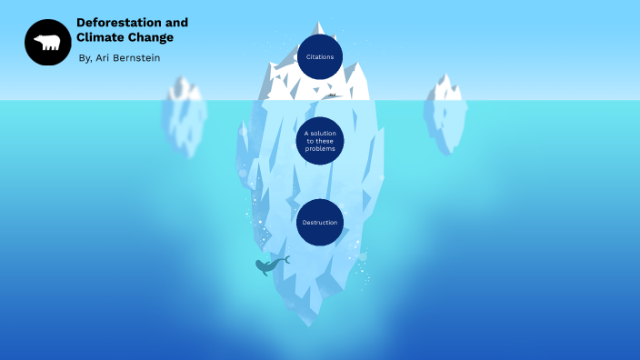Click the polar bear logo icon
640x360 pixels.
[x=47, y=42]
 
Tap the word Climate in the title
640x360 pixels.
[x=99, y=38]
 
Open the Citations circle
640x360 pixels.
[x=320, y=57]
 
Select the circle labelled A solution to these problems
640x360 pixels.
[x=320, y=141]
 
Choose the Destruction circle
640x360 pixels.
[x=320, y=223]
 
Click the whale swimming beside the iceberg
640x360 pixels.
[x=267, y=266]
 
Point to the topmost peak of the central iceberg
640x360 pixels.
[x=318, y=23]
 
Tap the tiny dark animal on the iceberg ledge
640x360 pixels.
[x=333, y=95]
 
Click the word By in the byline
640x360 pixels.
[x=85, y=58]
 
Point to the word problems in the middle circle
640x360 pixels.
[x=320, y=148]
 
